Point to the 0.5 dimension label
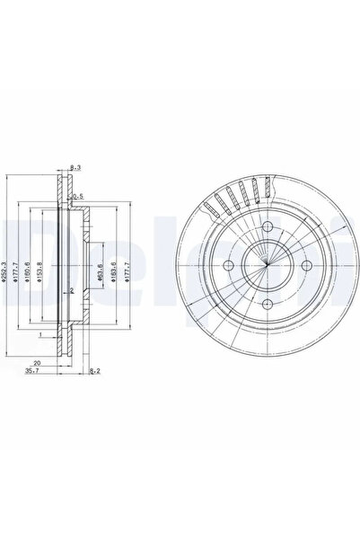(80, 196)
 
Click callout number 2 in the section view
(70, 291)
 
